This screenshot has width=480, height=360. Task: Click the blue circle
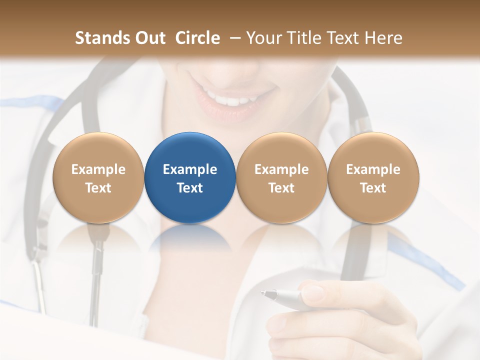190,177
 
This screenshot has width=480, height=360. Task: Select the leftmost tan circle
98,177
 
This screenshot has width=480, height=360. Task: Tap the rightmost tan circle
373,177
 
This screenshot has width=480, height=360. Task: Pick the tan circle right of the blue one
281,177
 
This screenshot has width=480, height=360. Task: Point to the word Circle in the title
197,38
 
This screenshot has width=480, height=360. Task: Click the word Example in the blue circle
190,169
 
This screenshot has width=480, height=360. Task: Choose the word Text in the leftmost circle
98,188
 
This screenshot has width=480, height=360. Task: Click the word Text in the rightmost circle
373,188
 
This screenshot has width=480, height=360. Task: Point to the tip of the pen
262,293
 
